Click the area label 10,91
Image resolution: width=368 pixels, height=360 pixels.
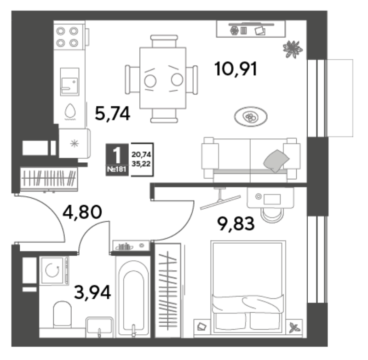point(236,69)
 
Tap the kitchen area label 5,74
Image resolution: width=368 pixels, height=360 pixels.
point(112,114)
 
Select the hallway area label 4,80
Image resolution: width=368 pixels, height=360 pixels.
point(82,212)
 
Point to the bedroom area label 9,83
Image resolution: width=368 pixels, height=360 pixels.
point(236,224)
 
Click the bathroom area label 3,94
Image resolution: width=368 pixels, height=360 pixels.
point(92,292)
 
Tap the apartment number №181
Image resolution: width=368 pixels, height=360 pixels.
point(117,169)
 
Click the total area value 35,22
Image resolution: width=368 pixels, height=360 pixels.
point(141,164)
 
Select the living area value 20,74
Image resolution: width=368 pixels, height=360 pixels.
point(141,154)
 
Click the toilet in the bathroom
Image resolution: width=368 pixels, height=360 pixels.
point(62,314)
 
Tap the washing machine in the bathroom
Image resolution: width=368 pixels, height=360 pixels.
point(54,271)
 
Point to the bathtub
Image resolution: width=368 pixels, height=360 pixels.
point(133,297)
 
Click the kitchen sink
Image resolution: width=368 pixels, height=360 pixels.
point(69,82)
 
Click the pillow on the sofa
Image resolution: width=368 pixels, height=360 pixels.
point(276,160)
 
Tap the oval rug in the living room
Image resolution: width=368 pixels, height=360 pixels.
point(251,117)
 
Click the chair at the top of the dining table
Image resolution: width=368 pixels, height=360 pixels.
point(164,41)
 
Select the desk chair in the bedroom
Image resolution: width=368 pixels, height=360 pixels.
point(272,215)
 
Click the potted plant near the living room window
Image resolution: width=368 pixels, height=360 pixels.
point(293,49)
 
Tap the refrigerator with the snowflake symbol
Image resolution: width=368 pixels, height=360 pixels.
point(75,143)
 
